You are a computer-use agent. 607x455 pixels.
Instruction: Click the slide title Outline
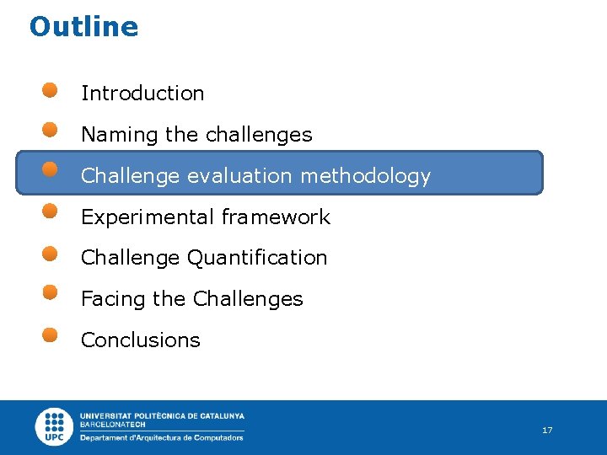coord(83,27)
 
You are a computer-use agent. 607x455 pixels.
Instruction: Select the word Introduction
coord(142,94)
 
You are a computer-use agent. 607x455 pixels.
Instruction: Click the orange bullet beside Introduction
coord(51,89)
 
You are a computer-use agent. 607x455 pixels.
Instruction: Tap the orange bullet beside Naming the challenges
coord(51,130)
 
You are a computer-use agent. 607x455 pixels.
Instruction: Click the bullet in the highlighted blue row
coord(51,170)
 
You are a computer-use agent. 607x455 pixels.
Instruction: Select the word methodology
coord(365,176)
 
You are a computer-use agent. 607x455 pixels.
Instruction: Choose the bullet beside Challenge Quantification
coord(51,252)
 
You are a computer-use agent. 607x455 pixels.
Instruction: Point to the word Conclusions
coord(140,340)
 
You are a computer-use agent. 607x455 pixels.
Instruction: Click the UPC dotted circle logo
coord(55,426)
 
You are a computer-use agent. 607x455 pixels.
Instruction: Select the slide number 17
coord(547,431)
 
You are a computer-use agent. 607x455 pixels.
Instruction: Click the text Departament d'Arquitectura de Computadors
coord(162,438)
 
